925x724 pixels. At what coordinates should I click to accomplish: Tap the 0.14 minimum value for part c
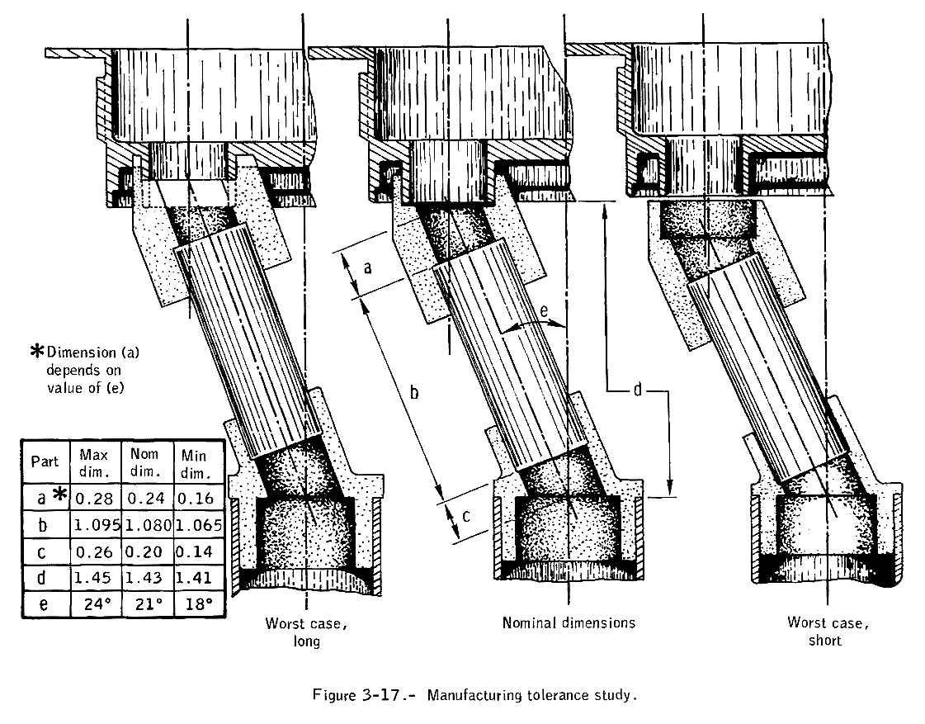[196, 551]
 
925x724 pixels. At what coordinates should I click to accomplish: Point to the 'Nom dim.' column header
[146, 462]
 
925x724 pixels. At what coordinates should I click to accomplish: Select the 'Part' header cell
[45, 461]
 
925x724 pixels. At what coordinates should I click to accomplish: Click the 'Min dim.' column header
[196, 462]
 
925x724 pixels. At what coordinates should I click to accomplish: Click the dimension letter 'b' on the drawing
[415, 393]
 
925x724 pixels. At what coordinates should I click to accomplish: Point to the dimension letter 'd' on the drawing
[637, 390]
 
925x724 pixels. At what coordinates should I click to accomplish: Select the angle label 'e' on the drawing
[544, 310]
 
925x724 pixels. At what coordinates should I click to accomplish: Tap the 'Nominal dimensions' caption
[569, 622]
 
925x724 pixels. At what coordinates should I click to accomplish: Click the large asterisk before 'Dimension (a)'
[36, 351]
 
